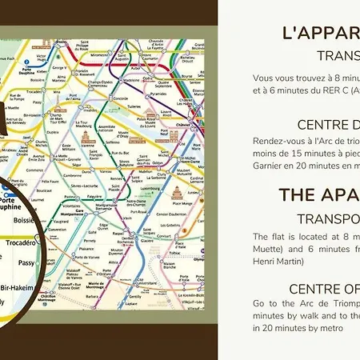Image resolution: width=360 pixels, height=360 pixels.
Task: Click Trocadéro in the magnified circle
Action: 21,242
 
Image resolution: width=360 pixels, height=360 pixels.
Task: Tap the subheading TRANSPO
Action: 328,218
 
